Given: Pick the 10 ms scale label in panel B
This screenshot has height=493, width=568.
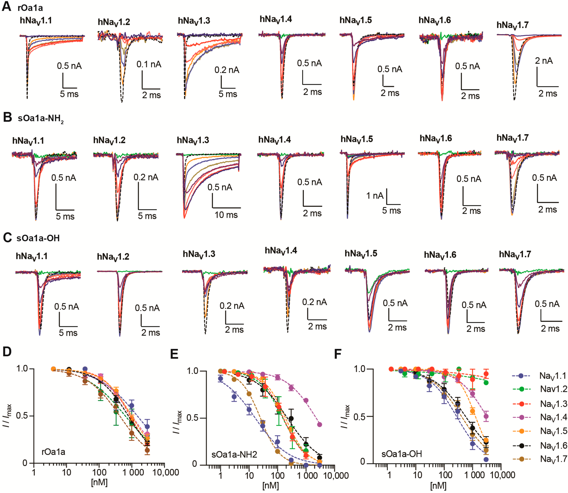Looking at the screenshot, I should click(226, 215).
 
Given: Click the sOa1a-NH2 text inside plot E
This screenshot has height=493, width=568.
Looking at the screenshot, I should click(234, 455).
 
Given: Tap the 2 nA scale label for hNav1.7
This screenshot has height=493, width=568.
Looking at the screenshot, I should click(544, 61).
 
